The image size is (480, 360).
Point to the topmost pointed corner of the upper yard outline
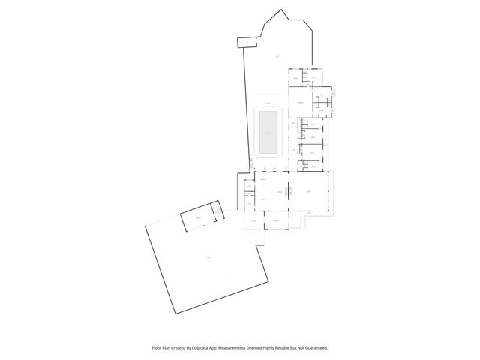coord(282,10)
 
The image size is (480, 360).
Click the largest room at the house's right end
coord(310,192)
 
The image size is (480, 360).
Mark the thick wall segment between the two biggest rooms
coord(289,192)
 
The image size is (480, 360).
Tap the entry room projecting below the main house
coord(275,222)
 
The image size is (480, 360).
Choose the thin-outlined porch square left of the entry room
coord(254,222)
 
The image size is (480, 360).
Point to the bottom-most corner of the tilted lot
coord(174,313)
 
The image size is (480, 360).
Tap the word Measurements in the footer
coord(245,348)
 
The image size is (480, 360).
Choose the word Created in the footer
coord(182,348)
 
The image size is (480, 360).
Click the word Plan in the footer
coord(168,348)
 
